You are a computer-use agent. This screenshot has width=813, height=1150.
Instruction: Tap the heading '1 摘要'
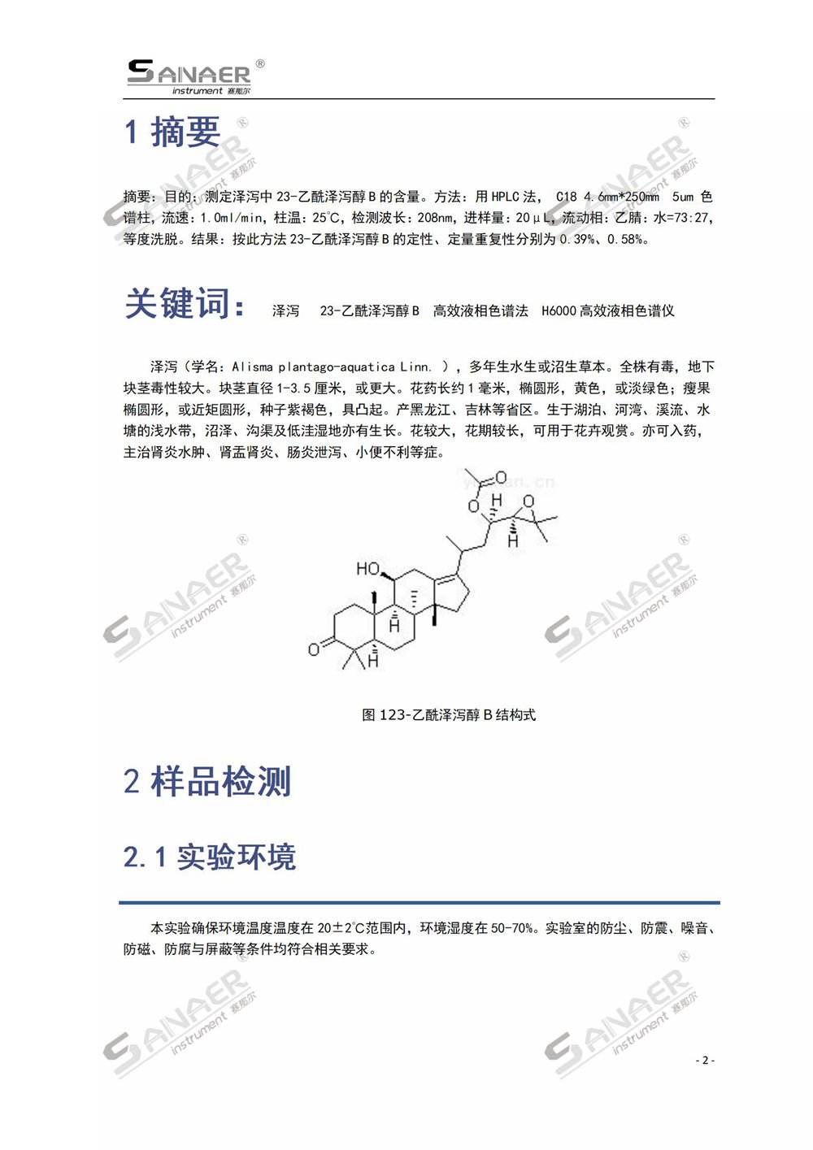point(172,132)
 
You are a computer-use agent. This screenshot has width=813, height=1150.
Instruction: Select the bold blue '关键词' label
point(184,305)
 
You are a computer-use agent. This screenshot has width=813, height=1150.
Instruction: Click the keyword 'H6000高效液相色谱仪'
point(607,311)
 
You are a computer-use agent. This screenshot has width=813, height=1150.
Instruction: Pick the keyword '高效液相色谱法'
point(480,311)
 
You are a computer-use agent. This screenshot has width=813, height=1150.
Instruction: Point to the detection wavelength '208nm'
point(436,218)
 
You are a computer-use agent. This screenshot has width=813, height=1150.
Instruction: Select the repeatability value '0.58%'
point(624,240)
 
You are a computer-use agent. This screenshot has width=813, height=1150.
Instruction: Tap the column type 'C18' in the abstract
point(567,197)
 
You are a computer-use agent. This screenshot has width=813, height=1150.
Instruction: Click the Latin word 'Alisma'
point(253,367)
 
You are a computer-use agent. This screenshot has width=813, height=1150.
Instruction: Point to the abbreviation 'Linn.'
point(416,367)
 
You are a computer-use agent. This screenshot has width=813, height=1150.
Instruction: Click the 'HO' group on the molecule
point(368,569)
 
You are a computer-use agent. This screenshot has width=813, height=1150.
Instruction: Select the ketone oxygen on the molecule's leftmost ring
point(314,649)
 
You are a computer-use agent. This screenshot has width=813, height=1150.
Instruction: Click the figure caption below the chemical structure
point(449,715)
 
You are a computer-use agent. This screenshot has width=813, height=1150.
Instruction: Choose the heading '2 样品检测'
point(207,782)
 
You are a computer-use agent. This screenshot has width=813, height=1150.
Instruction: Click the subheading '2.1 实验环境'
point(210,857)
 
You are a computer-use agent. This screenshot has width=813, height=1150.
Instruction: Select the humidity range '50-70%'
point(512,928)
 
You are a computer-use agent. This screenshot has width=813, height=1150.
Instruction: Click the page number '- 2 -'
point(705,1060)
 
